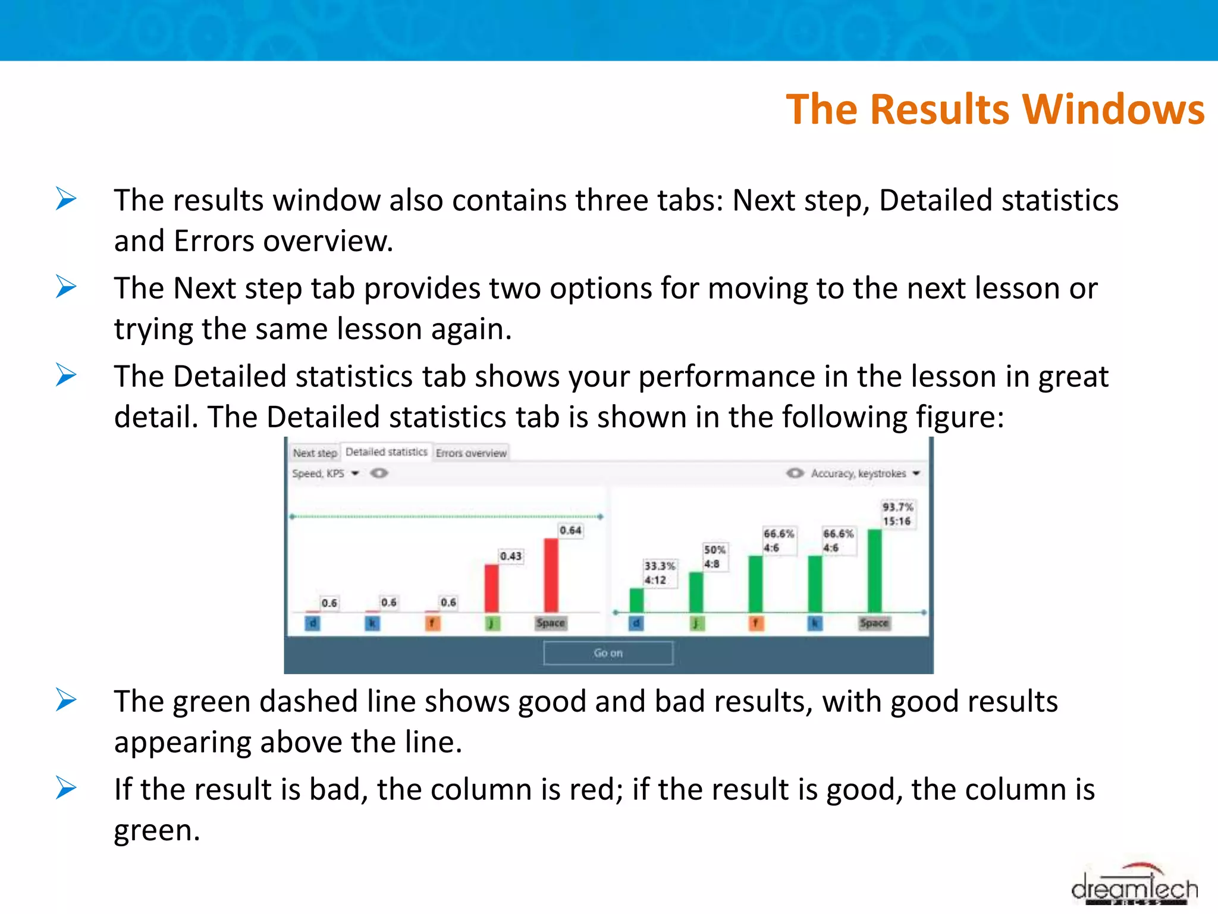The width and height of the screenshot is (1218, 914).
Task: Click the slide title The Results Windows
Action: [x=994, y=109]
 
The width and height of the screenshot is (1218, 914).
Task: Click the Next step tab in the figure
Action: [x=315, y=453]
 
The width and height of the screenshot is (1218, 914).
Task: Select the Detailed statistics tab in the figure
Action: [x=386, y=452]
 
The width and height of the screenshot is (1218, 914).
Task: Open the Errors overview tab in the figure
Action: [x=470, y=453]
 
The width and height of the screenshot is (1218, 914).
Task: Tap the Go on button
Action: [x=608, y=653]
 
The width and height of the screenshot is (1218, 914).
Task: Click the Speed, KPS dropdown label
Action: [x=318, y=474]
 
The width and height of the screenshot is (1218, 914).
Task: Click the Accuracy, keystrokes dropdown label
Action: [x=858, y=474]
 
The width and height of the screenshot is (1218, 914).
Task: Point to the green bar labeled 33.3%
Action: [x=636, y=600]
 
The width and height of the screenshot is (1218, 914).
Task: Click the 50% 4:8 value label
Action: [x=714, y=557]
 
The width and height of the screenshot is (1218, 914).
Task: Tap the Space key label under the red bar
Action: [x=550, y=623]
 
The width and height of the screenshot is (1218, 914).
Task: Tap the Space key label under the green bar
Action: [x=874, y=623]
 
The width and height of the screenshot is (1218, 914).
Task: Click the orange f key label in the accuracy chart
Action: [x=755, y=623]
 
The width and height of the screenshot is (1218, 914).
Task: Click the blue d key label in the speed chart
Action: [x=312, y=623]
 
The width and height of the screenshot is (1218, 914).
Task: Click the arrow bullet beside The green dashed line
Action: [x=66, y=700]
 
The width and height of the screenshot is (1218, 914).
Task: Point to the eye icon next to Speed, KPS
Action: [x=379, y=474]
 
